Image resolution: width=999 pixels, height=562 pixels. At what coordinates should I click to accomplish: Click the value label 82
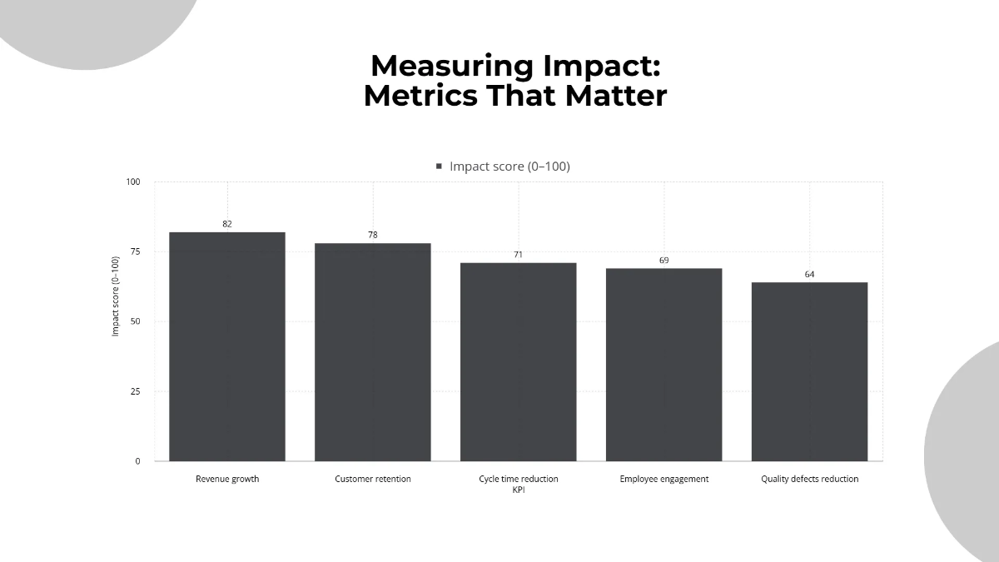(227, 224)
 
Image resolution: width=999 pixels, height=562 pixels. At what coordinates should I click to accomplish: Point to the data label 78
(373, 235)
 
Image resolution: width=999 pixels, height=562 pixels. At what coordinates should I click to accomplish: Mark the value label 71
(519, 255)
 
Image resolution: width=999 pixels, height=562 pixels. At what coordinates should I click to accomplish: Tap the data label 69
(664, 261)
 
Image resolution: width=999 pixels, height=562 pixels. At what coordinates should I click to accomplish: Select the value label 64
(809, 274)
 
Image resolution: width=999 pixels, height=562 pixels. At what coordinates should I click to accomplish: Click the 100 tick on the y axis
(133, 182)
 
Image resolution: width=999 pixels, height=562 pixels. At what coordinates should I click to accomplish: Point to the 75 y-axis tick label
(136, 252)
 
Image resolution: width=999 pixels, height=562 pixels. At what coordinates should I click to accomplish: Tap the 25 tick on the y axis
(136, 391)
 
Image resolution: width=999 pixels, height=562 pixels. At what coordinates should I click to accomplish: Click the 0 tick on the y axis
(138, 461)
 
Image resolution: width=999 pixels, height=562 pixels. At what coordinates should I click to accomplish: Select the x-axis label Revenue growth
(227, 480)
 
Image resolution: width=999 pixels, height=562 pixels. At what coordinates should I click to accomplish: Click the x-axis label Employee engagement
(664, 480)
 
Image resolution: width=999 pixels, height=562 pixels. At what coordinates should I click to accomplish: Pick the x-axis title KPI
(519, 490)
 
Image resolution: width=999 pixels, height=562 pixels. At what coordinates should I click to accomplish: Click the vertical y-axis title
(116, 296)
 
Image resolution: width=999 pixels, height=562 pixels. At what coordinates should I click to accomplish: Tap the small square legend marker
(439, 167)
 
